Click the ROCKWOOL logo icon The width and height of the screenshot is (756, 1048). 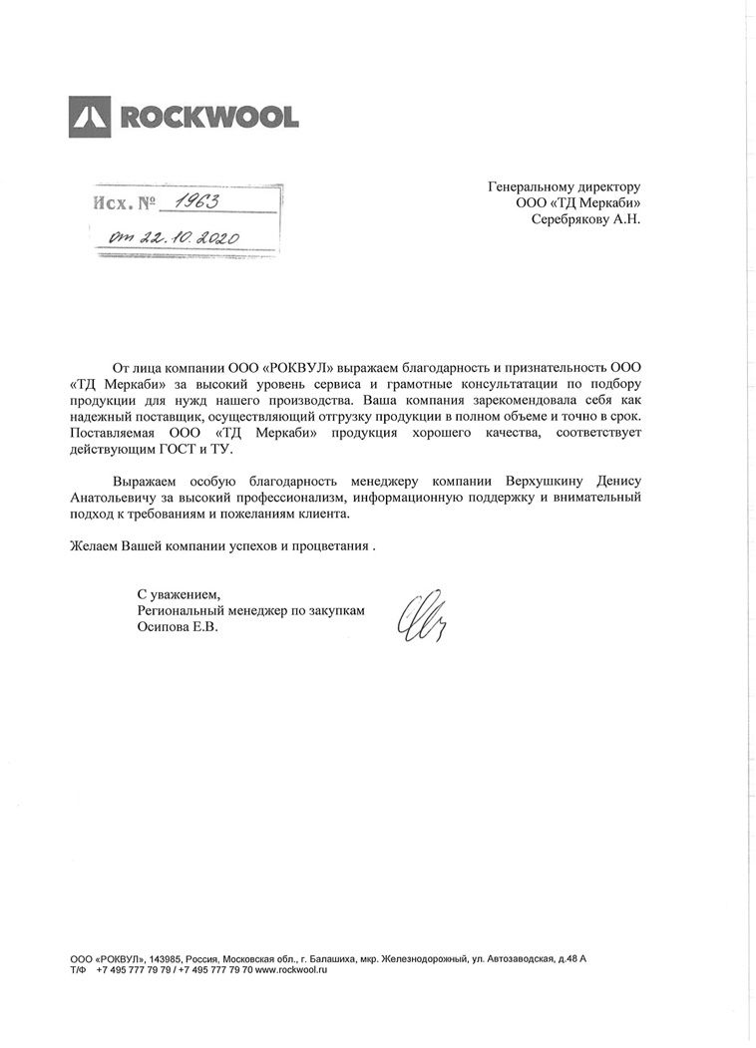[x=92, y=117]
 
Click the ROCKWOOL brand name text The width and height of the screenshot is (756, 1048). [x=208, y=118]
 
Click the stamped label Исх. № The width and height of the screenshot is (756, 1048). [x=124, y=204]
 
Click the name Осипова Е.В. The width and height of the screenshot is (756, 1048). [x=176, y=628]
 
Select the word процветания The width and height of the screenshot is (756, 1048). [x=330, y=546]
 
